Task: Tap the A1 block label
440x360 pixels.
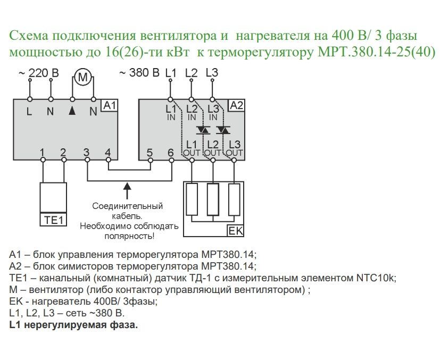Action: click(x=109, y=106)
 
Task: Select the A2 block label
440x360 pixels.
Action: click(x=236, y=105)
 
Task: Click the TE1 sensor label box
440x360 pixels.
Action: click(x=53, y=219)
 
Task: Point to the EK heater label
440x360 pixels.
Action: click(x=235, y=231)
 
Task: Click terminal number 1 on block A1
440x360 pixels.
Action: click(x=42, y=153)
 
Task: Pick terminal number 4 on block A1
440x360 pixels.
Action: click(x=108, y=153)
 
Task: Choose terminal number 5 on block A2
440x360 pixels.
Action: click(x=150, y=153)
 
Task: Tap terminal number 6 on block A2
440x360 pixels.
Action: click(x=170, y=153)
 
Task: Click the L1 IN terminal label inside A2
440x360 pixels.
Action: click(x=170, y=112)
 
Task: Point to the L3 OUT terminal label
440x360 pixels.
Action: click(x=234, y=148)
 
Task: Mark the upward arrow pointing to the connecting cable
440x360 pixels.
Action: click(x=127, y=189)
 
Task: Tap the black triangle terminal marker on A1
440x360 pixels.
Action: click(x=72, y=111)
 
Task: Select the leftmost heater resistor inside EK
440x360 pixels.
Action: click(x=192, y=199)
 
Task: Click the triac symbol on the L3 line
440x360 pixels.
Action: click(x=224, y=130)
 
